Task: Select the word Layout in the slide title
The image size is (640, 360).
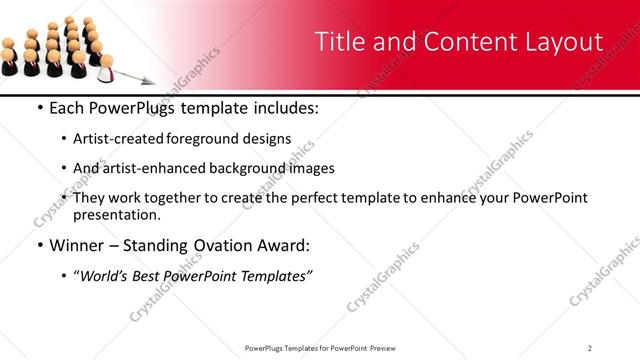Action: pyautogui.click(x=563, y=42)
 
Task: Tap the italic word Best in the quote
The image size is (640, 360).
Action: pyautogui.click(x=158, y=275)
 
